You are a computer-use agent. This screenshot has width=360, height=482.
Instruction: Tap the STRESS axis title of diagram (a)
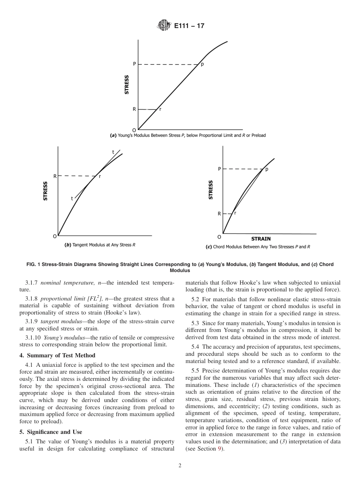click(127, 84)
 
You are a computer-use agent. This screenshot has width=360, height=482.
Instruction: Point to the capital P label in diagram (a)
click(134, 64)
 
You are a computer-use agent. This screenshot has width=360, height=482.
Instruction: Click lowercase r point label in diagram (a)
click(160, 110)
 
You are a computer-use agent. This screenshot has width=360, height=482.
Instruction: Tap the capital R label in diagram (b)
click(55, 176)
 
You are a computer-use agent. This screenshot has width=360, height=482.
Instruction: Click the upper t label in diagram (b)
click(113, 152)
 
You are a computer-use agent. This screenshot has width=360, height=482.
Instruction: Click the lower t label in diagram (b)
click(72, 198)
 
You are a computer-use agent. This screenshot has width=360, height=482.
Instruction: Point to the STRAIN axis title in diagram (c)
click(261, 239)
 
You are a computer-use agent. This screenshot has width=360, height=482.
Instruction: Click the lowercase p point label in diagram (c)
click(267, 169)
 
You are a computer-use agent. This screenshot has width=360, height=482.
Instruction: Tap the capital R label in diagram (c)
click(219, 214)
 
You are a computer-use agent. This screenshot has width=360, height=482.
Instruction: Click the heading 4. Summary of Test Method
click(57, 355)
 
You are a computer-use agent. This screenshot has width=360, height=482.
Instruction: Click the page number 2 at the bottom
click(180, 466)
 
